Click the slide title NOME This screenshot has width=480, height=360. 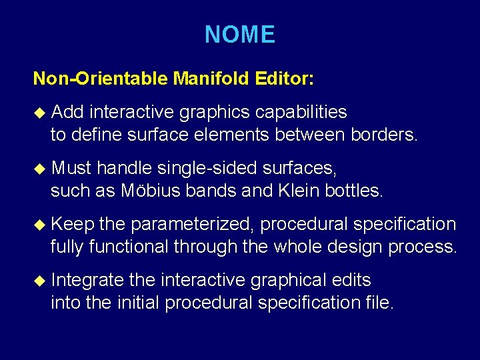239,34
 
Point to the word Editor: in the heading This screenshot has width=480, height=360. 284,79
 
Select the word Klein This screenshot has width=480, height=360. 298,191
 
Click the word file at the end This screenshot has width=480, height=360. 382,303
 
